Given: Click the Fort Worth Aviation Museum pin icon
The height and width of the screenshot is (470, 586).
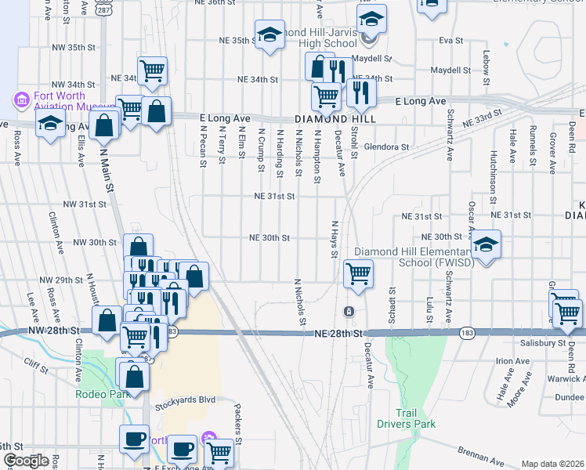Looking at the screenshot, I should click(x=21, y=100).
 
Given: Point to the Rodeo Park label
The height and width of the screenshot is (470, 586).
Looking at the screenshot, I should click(x=102, y=394).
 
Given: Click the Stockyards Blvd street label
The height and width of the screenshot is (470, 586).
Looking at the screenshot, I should click(x=184, y=399).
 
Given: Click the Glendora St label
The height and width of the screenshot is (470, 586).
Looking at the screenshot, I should click(x=387, y=146).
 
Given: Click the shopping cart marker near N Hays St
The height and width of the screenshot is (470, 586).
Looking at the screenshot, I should click(x=358, y=274).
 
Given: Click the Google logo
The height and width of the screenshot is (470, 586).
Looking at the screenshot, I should click(x=26, y=461).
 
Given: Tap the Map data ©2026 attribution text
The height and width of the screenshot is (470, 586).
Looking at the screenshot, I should click(x=552, y=464).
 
